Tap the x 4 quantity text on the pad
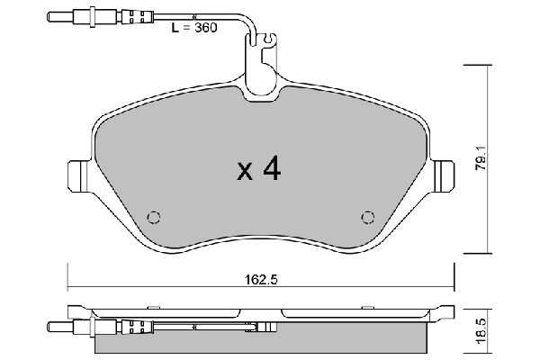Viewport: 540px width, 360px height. click(259, 170)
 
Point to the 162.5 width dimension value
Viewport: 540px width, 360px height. click(261, 279)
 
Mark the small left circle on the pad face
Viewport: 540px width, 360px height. click(153, 216)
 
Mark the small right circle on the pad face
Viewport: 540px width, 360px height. click(367, 216)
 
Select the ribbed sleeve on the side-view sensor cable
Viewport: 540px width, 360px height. click(135, 326)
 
